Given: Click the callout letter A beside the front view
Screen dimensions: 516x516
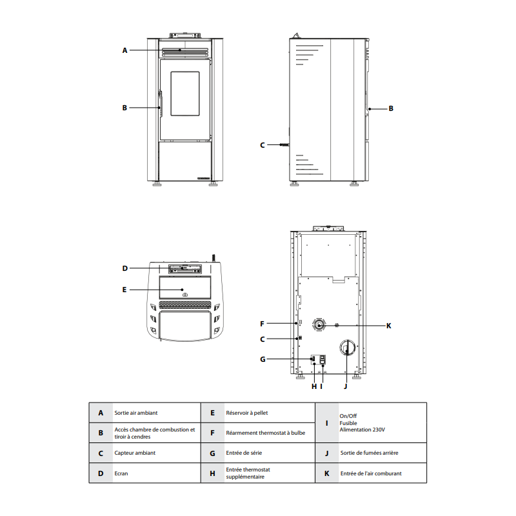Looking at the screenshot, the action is pos(124,50).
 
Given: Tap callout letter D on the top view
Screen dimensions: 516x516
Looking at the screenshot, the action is pos(124,268).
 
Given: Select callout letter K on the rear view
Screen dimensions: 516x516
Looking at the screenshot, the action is pos(389,326).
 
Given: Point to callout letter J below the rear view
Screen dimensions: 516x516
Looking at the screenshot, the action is pos(346,386).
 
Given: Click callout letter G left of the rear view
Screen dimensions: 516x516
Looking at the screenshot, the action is pos(263,359).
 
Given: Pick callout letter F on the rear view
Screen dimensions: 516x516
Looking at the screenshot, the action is pos(262,324).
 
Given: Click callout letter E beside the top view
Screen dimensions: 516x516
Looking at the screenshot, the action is pos(124,290).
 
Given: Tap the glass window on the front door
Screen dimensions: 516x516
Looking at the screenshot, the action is pos(185,94).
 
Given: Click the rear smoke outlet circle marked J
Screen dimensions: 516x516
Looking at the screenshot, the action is pos(348,348).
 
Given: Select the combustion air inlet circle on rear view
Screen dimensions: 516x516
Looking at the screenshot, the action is pos(319,326).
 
